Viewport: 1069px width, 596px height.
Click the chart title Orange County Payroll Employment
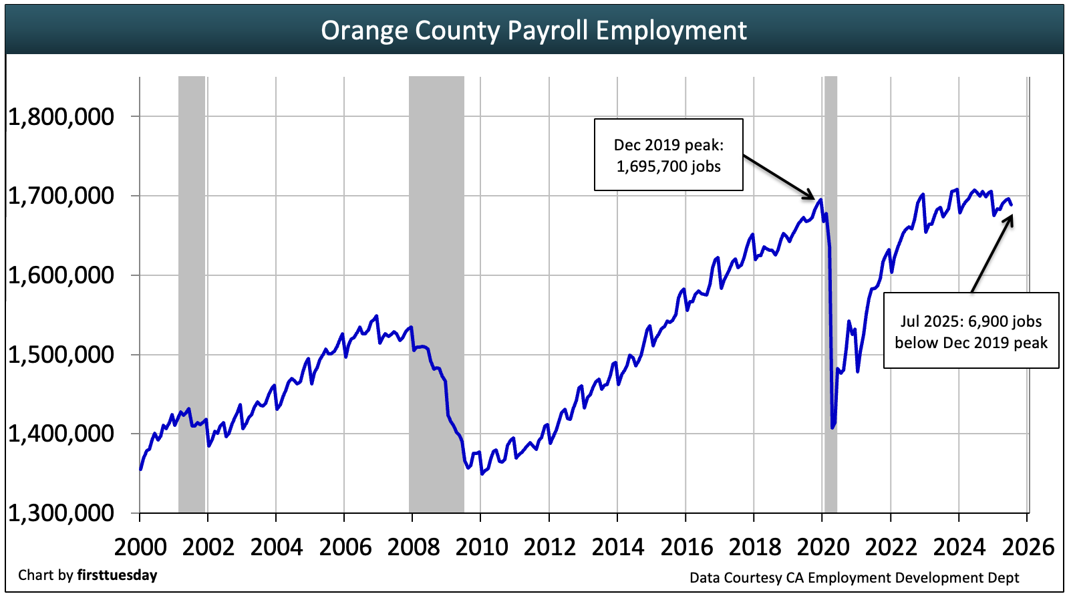pyautogui.click(x=533, y=31)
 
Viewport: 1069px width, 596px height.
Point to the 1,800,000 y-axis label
pyautogui.click(x=61, y=117)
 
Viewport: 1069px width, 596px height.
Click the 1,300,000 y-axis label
pyautogui.click(x=61, y=513)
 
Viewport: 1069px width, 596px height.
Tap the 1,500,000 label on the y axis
pyautogui.click(x=61, y=355)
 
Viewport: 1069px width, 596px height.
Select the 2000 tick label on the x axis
pyautogui.click(x=140, y=547)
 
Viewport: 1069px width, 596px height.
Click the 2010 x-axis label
pyautogui.click(x=481, y=547)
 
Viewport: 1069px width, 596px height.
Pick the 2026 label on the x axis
pyautogui.click(x=1028, y=547)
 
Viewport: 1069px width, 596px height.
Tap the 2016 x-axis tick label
pyautogui.click(x=686, y=547)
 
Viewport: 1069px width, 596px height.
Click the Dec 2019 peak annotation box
pyautogui.click(x=668, y=155)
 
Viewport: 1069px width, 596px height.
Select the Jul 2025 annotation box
pyautogui.click(x=971, y=331)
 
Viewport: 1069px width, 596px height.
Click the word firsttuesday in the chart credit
pyautogui.click(x=117, y=575)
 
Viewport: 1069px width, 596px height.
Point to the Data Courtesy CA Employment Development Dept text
pyautogui.click(x=854, y=578)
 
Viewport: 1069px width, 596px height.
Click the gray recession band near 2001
pyautogui.click(x=192, y=294)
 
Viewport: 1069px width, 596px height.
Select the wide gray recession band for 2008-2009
pyautogui.click(x=436, y=294)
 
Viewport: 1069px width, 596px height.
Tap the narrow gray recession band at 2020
pyautogui.click(x=830, y=294)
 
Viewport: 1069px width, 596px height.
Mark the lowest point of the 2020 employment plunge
pyautogui.click(x=832, y=428)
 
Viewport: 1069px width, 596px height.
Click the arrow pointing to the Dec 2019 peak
pyautogui.click(x=779, y=178)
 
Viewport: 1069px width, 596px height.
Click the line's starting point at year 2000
pyautogui.click(x=140, y=469)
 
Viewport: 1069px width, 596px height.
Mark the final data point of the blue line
pyautogui.click(x=1012, y=204)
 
